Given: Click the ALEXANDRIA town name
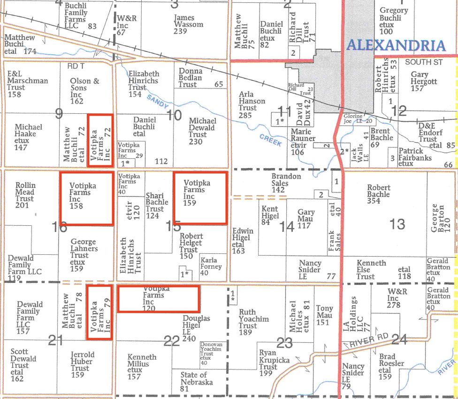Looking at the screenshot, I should tap(395, 46).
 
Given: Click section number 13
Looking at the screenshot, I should tap(397, 224).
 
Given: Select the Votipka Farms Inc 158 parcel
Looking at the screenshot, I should tap(86, 198).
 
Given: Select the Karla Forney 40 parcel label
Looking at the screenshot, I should tap(211, 266).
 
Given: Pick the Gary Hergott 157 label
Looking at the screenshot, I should tap(423, 81).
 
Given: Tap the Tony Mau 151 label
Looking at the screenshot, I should tap(324, 315).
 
